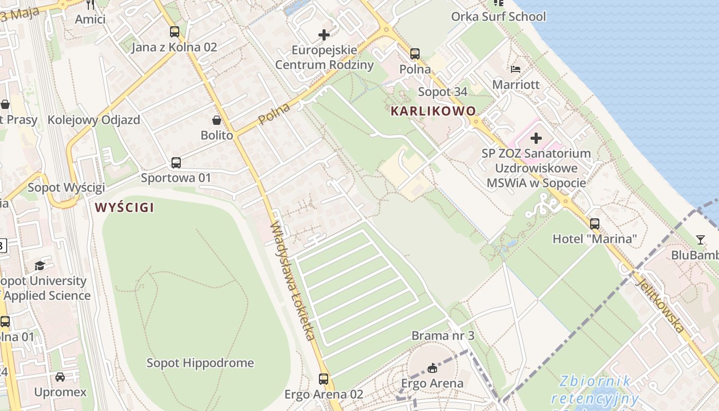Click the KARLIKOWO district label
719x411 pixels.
433,111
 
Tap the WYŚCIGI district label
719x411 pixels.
124,208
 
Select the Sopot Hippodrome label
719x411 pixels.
200,363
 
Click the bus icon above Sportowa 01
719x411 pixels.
176,163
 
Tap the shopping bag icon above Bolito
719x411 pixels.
217,120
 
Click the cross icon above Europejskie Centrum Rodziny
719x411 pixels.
324,35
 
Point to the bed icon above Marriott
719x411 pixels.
516,69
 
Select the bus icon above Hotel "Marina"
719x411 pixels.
594,223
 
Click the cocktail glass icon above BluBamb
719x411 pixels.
700,239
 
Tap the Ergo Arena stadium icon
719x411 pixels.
432,368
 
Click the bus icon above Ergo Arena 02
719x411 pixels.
324,379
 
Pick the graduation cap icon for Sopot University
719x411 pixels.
40,266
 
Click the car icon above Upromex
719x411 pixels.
60,377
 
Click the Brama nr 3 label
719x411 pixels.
443,335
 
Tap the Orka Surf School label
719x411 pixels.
498,16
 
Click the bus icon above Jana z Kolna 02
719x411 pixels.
175,32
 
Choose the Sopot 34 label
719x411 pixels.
443,92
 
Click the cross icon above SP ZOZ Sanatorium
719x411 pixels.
536,138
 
